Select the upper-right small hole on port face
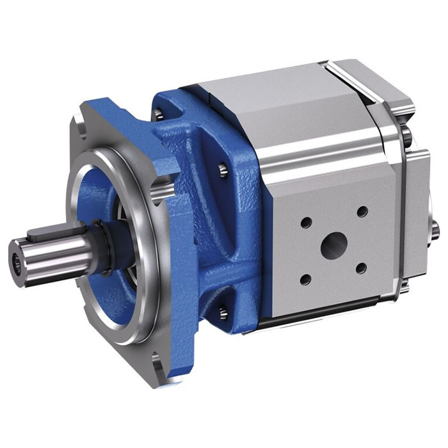click(362, 211)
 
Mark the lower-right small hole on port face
click(360, 268)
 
